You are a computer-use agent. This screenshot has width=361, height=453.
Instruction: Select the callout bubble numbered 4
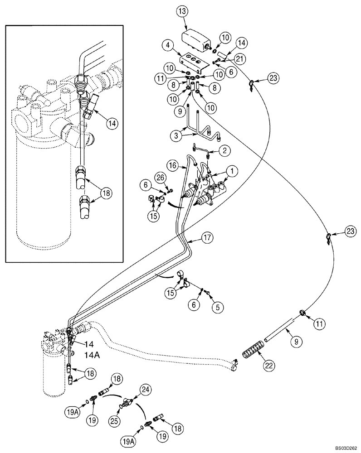tap(167, 45)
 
